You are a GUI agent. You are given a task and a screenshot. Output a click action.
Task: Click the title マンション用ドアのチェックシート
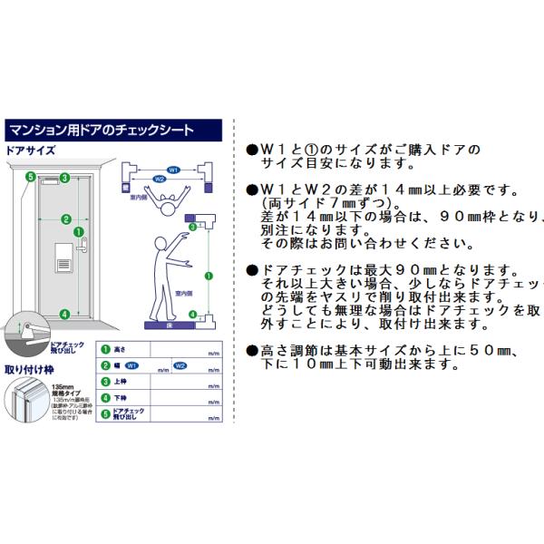pos(101,130)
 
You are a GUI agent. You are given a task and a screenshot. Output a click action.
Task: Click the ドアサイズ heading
pos(32,151)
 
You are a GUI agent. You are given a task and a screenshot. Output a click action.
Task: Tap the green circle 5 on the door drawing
pos(30,177)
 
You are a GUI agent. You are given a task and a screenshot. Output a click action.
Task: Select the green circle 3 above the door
pos(64,178)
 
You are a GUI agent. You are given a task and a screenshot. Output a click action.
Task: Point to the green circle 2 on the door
pos(65,219)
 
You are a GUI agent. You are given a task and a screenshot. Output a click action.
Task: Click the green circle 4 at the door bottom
pos(64,314)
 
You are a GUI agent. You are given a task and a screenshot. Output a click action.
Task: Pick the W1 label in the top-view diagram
pos(172,170)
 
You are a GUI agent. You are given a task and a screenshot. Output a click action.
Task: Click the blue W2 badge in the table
pos(180,365)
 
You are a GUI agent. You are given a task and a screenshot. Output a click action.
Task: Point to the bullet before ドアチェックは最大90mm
pos(252,271)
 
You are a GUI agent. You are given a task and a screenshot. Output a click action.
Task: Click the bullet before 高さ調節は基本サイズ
pos(252,350)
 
